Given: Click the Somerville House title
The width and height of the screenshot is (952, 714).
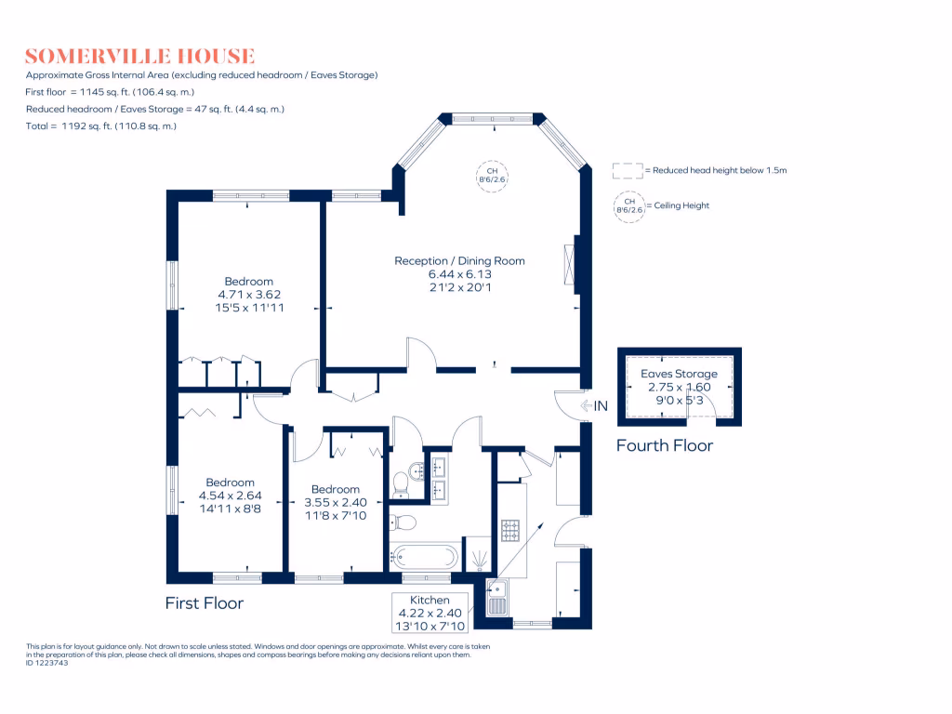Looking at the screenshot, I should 139,56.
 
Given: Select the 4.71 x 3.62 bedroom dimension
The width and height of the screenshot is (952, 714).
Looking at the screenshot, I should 248,295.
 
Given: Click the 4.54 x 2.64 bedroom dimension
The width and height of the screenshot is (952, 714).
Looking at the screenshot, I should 230,496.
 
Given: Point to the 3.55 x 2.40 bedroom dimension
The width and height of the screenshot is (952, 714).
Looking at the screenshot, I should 336,502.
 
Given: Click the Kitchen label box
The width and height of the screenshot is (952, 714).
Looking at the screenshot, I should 430,614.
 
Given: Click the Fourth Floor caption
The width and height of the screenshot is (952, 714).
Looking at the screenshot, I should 665,446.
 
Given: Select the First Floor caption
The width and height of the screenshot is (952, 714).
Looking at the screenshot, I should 204,603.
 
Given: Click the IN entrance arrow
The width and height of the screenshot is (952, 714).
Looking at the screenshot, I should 594,405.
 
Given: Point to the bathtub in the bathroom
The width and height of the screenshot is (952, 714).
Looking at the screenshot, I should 425,557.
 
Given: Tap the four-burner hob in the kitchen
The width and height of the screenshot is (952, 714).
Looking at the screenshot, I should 510,531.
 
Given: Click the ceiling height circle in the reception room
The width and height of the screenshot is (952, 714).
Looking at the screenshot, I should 493,177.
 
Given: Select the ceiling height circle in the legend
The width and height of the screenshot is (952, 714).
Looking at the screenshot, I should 628,205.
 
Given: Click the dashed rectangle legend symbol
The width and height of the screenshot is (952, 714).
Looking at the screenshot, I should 628,171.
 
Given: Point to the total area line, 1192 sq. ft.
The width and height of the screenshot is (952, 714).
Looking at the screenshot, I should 101,126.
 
